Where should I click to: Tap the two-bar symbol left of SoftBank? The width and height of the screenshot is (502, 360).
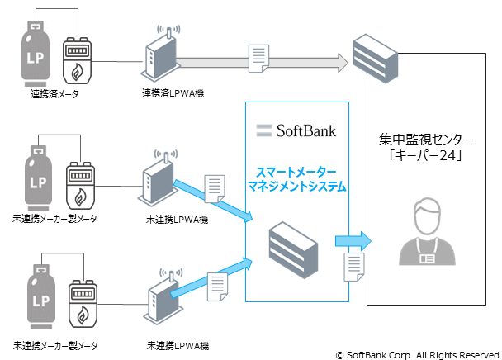point(264,130)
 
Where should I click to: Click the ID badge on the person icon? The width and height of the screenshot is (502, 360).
point(430,258)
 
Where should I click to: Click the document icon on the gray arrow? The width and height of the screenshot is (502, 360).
point(259,58)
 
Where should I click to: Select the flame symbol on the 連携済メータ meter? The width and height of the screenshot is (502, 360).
point(79,69)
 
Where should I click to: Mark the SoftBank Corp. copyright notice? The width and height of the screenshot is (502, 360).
point(414,351)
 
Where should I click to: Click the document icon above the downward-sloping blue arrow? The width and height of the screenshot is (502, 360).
point(215,187)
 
